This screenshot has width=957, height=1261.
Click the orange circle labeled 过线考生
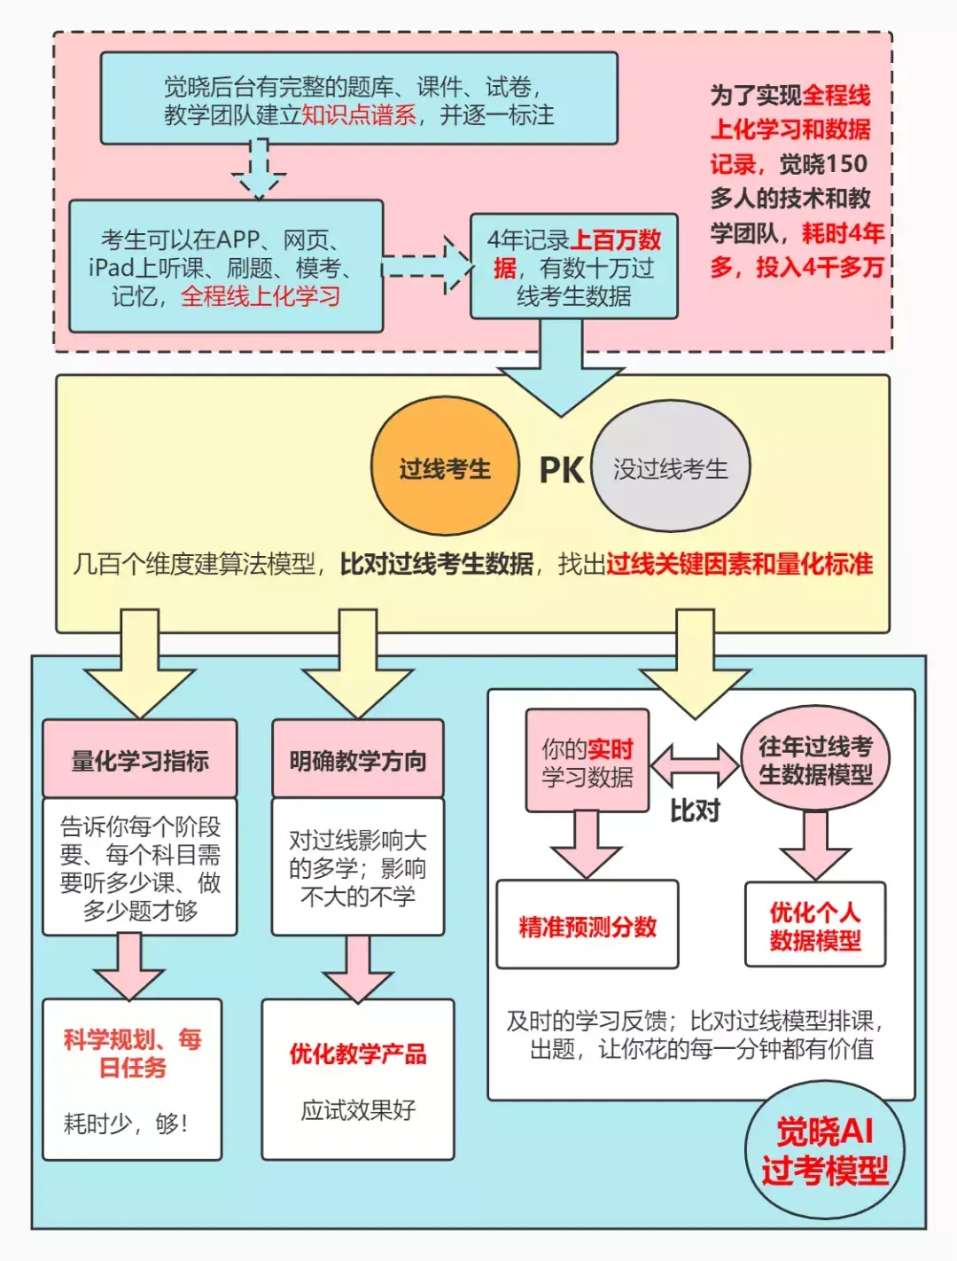click(x=445, y=467)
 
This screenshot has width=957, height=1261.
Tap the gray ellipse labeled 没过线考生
click(x=671, y=467)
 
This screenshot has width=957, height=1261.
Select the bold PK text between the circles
click(x=561, y=470)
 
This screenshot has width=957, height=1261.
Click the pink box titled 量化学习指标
click(x=140, y=759)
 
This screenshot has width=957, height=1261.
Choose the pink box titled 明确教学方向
click(x=358, y=759)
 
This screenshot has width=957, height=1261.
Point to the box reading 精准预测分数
click(x=587, y=925)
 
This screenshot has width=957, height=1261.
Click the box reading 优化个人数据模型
click(x=815, y=925)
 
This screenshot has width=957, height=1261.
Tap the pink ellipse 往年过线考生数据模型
click(x=815, y=759)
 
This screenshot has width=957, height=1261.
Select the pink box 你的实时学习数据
click(x=587, y=761)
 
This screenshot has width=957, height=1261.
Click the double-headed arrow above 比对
click(x=696, y=764)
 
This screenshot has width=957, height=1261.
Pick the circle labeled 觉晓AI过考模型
click(x=825, y=1149)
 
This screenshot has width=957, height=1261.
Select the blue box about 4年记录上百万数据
click(x=574, y=266)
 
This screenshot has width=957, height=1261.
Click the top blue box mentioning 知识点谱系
click(x=359, y=98)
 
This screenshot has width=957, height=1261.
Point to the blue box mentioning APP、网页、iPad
click(x=226, y=266)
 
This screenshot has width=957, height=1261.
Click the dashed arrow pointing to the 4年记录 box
click(x=428, y=264)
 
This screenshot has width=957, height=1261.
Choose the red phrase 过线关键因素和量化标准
click(x=740, y=564)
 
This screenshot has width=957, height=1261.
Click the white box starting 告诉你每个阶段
click(x=140, y=867)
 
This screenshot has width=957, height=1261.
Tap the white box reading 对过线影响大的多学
click(x=358, y=867)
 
